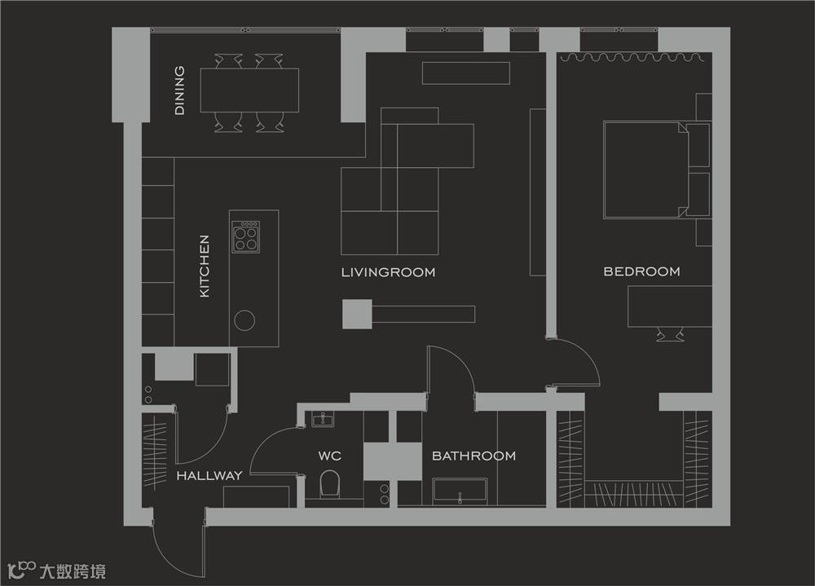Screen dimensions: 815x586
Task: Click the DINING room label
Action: tap(179, 90)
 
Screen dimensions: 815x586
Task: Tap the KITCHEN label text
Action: tap(205, 266)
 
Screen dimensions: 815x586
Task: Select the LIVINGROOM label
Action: tap(388, 272)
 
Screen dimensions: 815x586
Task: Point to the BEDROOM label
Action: tap(641, 271)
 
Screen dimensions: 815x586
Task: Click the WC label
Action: tap(329, 456)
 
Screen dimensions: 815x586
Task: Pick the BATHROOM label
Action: tap(474, 456)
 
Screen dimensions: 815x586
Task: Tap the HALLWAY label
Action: tap(209, 475)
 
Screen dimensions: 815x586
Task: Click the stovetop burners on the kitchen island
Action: tap(246, 237)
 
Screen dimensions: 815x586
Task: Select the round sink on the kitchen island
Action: tap(244, 320)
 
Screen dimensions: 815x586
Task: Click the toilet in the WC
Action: tap(329, 483)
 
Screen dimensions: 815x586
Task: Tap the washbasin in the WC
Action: tap(323, 419)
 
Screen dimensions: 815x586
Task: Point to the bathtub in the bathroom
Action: tap(460, 492)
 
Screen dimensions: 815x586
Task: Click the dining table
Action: tap(249, 90)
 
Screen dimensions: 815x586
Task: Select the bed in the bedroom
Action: tap(656, 170)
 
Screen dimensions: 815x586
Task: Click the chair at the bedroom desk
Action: tap(669, 334)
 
